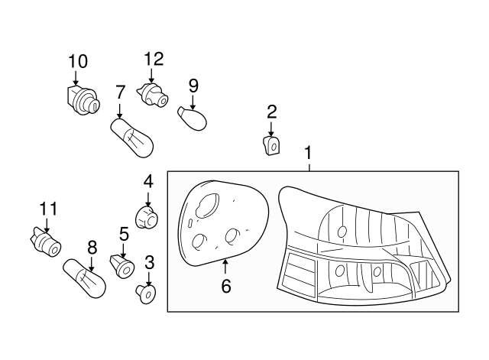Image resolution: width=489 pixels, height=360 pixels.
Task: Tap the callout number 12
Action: coord(154,58)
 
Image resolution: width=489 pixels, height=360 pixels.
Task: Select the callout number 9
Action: coord(193,84)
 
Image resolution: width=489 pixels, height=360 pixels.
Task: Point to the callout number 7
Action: coord(120,92)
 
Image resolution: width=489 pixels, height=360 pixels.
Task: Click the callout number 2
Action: coord(271,112)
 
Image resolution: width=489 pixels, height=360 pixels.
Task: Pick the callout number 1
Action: coord(308,152)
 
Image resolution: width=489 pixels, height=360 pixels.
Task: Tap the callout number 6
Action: coord(226,287)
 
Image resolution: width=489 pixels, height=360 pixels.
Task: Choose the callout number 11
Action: coord(48,208)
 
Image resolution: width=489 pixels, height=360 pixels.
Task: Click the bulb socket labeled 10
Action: coord(79,99)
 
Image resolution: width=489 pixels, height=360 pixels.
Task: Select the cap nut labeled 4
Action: coord(146,217)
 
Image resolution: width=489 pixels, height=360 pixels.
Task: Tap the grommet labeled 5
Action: coord(122,265)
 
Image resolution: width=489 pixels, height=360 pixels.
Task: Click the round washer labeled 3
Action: coord(147,294)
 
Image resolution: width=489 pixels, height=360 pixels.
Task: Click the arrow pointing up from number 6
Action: coord(226,268)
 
